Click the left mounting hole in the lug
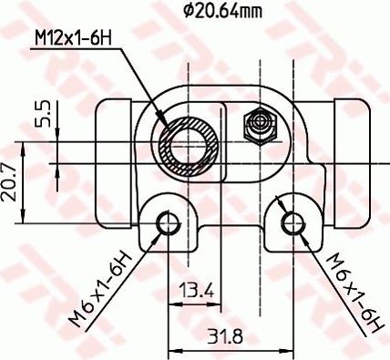(166, 222)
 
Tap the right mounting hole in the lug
(291, 222)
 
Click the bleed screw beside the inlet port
(260, 125)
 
